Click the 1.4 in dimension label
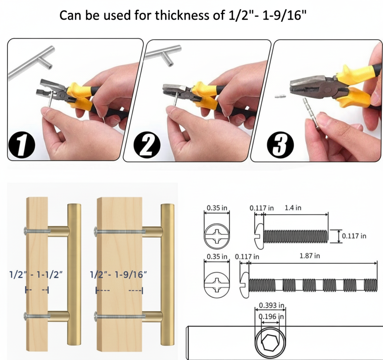[293, 208]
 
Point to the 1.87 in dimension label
[310, 256]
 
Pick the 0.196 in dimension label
[271, 316]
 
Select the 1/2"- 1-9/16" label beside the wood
[119, 274]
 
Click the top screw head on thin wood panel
[25, 231]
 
